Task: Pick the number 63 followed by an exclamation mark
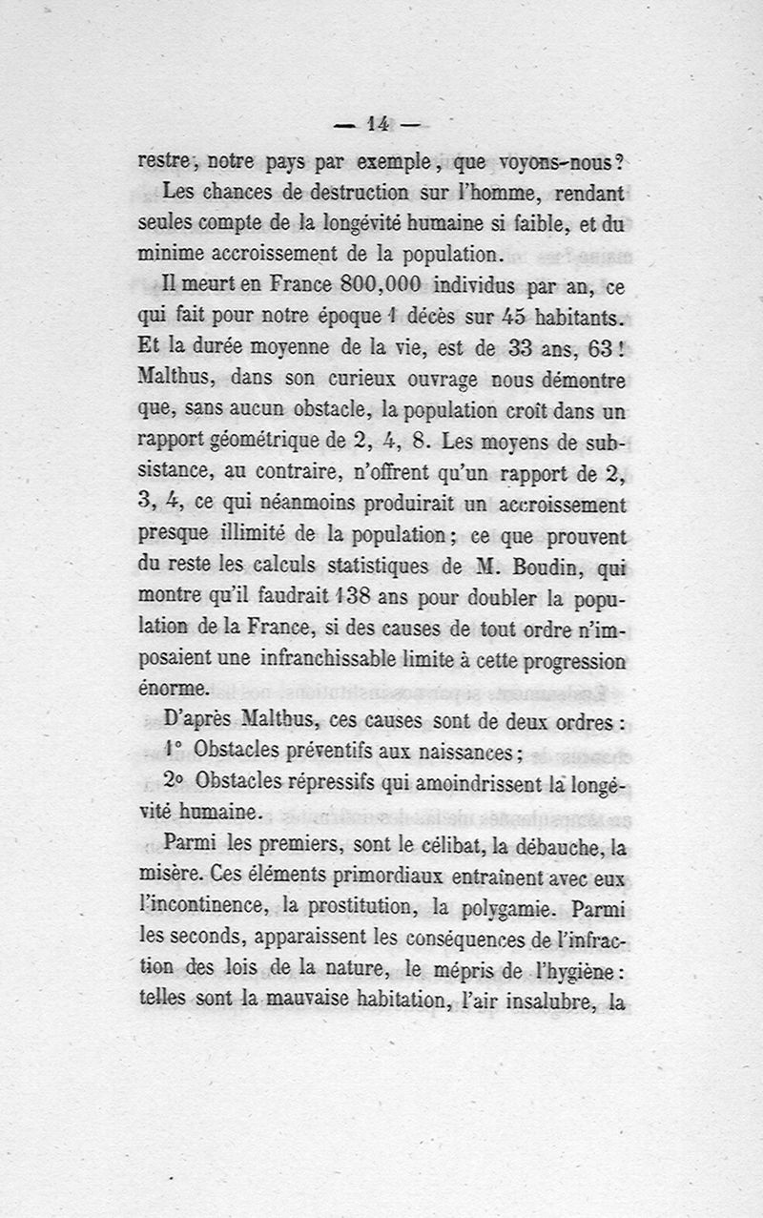[x=589, y=348]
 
